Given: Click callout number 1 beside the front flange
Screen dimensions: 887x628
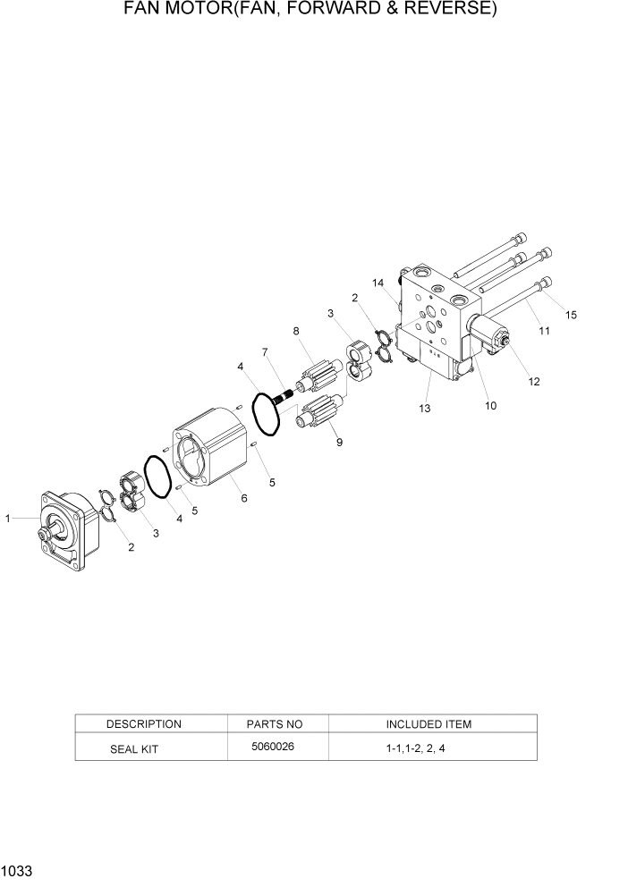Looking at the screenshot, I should [x=8, y=518].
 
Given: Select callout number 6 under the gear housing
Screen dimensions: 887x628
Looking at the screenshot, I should [x=244, y=498].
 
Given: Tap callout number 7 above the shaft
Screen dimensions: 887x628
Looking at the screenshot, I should [x=265, y=353].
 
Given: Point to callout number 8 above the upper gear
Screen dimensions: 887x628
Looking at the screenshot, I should [x=295, y=332].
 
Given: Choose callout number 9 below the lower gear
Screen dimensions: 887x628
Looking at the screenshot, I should [x=339, y=442].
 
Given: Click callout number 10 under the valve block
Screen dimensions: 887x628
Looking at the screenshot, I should [x=490, y=405].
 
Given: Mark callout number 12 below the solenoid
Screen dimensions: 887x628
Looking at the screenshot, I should [x=534, y=382].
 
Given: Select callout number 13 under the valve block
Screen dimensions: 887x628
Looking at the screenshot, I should [x=424, y=409].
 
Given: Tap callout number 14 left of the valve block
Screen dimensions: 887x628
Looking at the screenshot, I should [x=379, y=283].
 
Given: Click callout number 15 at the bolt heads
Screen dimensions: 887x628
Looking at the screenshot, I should [x=572, y=314].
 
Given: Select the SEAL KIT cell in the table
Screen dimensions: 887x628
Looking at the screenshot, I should [x=133, y=749].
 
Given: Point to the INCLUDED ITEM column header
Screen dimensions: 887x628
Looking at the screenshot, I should [x=429, y=724].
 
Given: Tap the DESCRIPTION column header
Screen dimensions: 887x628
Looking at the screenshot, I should [x=143, y=724].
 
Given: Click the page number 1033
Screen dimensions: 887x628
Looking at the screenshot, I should [x=17, y=870].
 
